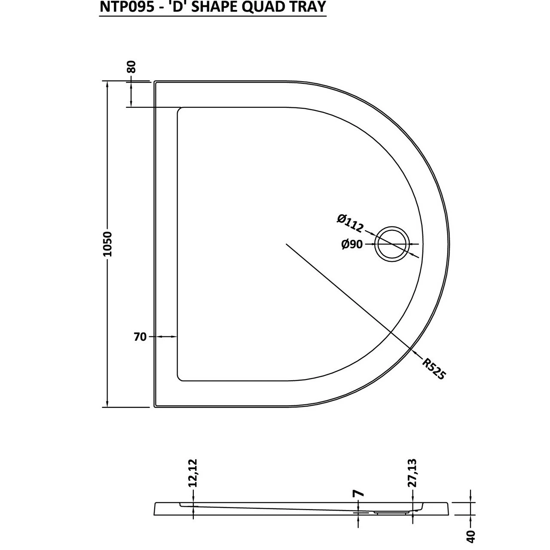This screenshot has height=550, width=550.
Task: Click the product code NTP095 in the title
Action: tap(125, 7)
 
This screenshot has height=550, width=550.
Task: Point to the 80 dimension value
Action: tap(131, 67)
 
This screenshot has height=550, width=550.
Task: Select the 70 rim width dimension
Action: tap(141, 337)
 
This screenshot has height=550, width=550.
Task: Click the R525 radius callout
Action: tap(433, 369)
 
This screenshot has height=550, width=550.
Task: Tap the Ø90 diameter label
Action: tap(351, 244)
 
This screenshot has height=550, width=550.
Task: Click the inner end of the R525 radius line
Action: tap(287, 244)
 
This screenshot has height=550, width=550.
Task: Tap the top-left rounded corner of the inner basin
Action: tap(180, 110)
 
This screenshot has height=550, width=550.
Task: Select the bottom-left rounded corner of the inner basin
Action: tap(180, 378)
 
